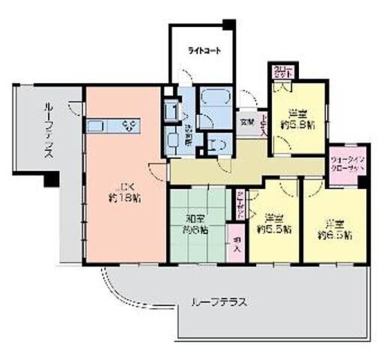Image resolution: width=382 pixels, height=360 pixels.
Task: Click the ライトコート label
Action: [204, 52]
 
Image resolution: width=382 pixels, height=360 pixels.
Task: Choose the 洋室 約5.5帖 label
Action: [273, 222]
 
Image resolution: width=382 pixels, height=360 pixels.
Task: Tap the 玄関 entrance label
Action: [246, 121]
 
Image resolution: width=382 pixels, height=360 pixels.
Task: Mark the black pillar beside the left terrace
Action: [50, 180]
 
